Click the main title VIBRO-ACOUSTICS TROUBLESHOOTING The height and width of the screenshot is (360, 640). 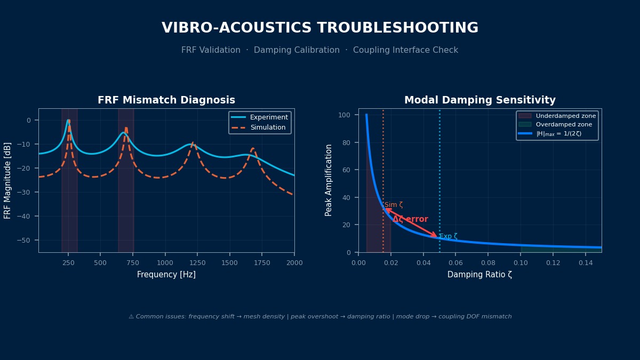[320, 28]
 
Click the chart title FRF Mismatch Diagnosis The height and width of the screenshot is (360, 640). [166, 100]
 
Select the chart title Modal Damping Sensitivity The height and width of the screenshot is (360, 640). [479, 100]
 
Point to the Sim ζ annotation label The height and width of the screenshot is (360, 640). [394, 205]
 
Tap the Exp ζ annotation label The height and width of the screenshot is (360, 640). [448, 236]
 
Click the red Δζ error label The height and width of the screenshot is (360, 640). [410, 219]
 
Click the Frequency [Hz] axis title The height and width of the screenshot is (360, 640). [166, 275]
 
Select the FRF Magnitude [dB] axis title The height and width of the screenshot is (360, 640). [8, 180]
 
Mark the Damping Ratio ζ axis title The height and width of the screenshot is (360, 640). [479, 275]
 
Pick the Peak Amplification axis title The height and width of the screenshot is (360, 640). [329, 180]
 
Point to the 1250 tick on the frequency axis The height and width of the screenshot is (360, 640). [197, 262]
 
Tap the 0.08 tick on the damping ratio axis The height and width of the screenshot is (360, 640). [488, 262]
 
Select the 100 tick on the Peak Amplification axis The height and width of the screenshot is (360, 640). [348, 115]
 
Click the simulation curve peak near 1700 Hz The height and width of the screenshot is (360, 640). [253, 148]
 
